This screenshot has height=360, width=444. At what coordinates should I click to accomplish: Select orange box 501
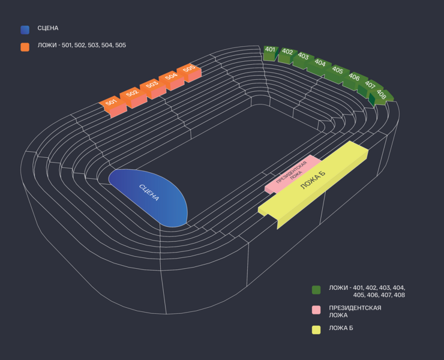112,104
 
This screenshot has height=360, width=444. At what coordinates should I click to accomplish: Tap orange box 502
132,95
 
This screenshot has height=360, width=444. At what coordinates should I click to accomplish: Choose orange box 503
151,86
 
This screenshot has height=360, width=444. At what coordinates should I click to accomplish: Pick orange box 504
170,78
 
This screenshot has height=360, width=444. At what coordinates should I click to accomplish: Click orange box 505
189,70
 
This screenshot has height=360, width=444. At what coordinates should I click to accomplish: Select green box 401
270,52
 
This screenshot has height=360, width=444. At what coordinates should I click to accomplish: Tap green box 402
287,54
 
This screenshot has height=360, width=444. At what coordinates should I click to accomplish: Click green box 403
303,59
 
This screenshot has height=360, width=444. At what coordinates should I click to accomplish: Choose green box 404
320,65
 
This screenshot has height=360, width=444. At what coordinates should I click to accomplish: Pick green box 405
337,72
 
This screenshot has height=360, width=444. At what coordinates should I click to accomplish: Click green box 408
382,95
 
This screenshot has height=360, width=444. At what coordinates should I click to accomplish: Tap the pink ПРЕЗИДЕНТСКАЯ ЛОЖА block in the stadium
292,175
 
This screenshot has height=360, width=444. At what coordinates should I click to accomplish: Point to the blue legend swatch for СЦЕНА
25,29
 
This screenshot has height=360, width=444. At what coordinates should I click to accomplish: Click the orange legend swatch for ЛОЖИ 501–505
25,47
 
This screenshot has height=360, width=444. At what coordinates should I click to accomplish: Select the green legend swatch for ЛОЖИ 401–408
316,290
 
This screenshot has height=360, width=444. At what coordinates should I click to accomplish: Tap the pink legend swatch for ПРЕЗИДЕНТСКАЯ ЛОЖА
316,310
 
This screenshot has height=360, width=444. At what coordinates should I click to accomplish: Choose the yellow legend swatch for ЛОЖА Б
316,329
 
